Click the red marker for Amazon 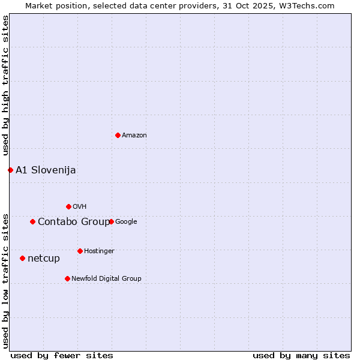coord(118,135)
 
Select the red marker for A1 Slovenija coord(10,170)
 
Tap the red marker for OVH coord(68,206)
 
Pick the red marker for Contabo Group coord(32,221)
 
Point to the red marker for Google coord(111,221)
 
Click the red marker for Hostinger coord(80,251)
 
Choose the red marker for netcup coord(22,258)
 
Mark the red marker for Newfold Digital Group coord(67,278)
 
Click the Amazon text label coord(134,136)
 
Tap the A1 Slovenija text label coord(46,170)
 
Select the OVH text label coord(80,207)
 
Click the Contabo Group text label coord(73,222)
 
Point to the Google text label coord(126,222)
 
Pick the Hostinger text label coord(99,251)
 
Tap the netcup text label coord(44,259)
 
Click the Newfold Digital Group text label coord(106,279)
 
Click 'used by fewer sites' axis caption coord(62,355)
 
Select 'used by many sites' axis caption coord(301,355)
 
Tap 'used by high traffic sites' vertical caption coord(5,85)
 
